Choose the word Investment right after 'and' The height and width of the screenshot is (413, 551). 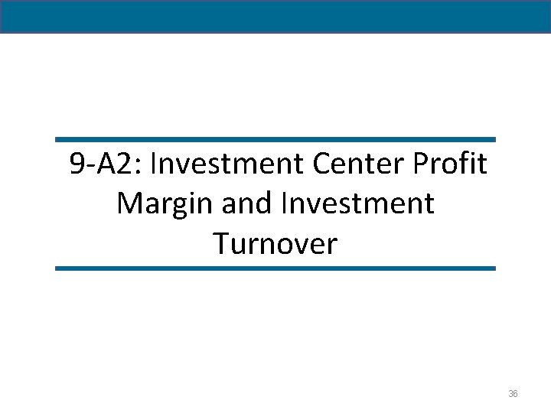[x=357, y=203]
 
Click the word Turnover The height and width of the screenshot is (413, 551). [x=275, y=244]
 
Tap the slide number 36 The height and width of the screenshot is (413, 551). [x=513, y=393]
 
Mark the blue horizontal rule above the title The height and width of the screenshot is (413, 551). [x=275, y=140]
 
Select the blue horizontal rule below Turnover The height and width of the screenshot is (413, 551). [x=275, y=268]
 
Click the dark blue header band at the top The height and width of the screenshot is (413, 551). [x=275, y=16]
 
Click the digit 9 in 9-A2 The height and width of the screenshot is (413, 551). [x=77, y=164]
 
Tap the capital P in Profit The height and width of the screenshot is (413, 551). [x=421, y=164]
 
